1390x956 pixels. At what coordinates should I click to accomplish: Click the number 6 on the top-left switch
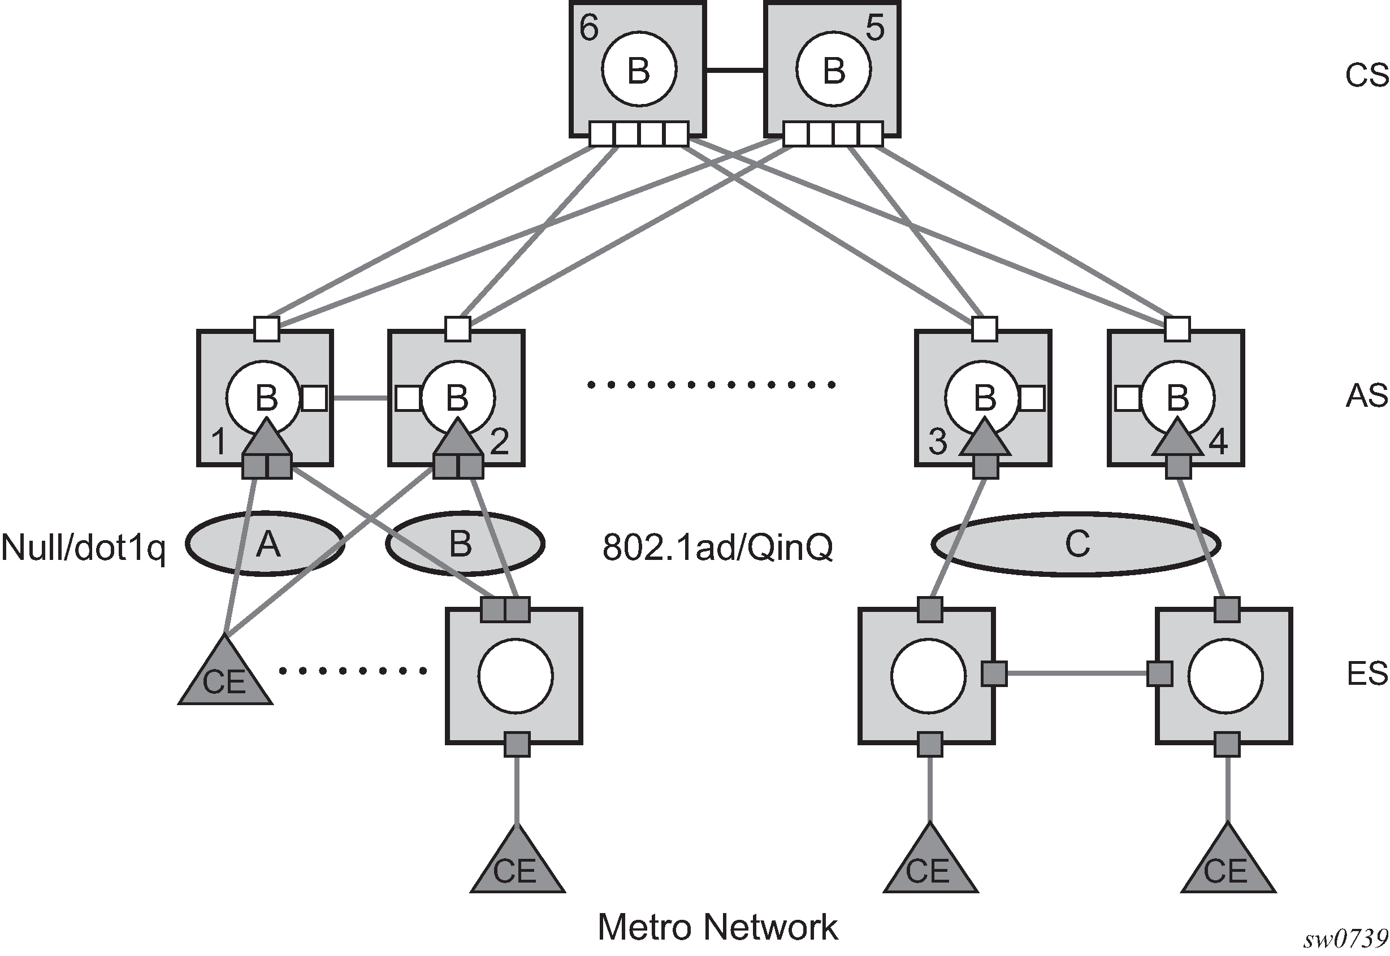tap(589, 28)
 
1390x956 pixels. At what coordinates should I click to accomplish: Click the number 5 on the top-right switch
tap(876, 28)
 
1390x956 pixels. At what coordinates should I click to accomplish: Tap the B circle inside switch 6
tap(639, 71)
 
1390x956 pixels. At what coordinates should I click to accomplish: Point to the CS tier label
tap(1367, 76)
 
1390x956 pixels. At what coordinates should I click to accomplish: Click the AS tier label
tap(1367, 396)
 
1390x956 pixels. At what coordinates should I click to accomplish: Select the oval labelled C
tap(1076, 544)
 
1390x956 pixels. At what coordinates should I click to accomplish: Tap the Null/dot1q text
tap(83, 547)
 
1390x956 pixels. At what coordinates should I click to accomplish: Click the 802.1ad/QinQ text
tap(717, 547)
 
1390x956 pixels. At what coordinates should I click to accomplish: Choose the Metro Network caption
tap(717, 927)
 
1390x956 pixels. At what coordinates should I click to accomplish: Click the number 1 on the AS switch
tap(219, 442)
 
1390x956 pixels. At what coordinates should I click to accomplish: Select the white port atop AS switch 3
tap(984, 329)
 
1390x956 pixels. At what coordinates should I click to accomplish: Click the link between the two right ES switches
tap(1077, 673)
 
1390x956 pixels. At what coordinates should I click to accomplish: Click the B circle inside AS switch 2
tap(458, 397)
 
